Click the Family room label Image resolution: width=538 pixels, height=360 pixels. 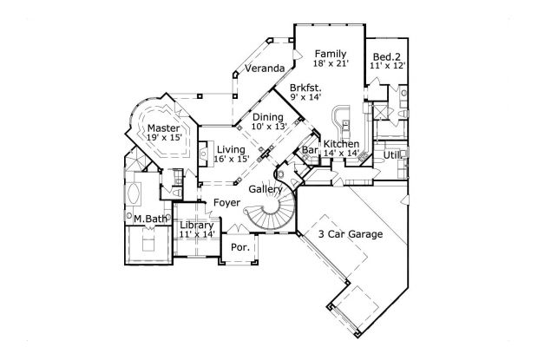(329, 52)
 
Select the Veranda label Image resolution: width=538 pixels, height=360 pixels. (265, 69)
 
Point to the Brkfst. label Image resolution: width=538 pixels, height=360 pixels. (305, 88)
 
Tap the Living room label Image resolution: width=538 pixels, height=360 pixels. (232, 149)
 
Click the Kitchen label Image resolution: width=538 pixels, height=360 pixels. (341, 143)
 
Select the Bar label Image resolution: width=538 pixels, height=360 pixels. (308, 151)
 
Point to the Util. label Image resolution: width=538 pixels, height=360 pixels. (394, 154)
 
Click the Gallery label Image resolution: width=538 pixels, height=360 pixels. (265, 188)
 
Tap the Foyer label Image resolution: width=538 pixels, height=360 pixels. (226, 203)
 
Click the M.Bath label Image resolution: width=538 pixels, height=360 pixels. (150, 219)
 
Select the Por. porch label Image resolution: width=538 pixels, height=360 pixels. (239, 247)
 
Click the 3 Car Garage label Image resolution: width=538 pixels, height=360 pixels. (350, 234)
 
